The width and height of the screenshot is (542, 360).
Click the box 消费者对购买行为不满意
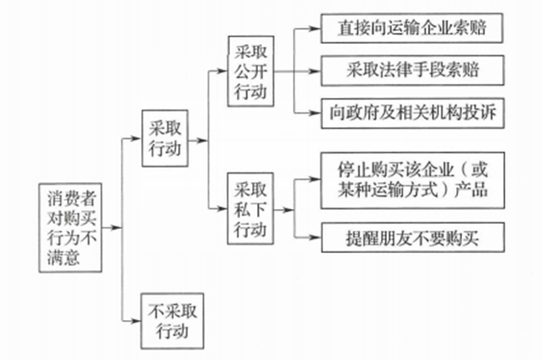[x=72, y=227]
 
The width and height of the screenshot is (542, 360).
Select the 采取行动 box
[x=164, y=140]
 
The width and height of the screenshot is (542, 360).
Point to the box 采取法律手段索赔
[x=410, y=70]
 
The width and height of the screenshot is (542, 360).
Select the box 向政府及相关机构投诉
[x=410, y=112]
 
